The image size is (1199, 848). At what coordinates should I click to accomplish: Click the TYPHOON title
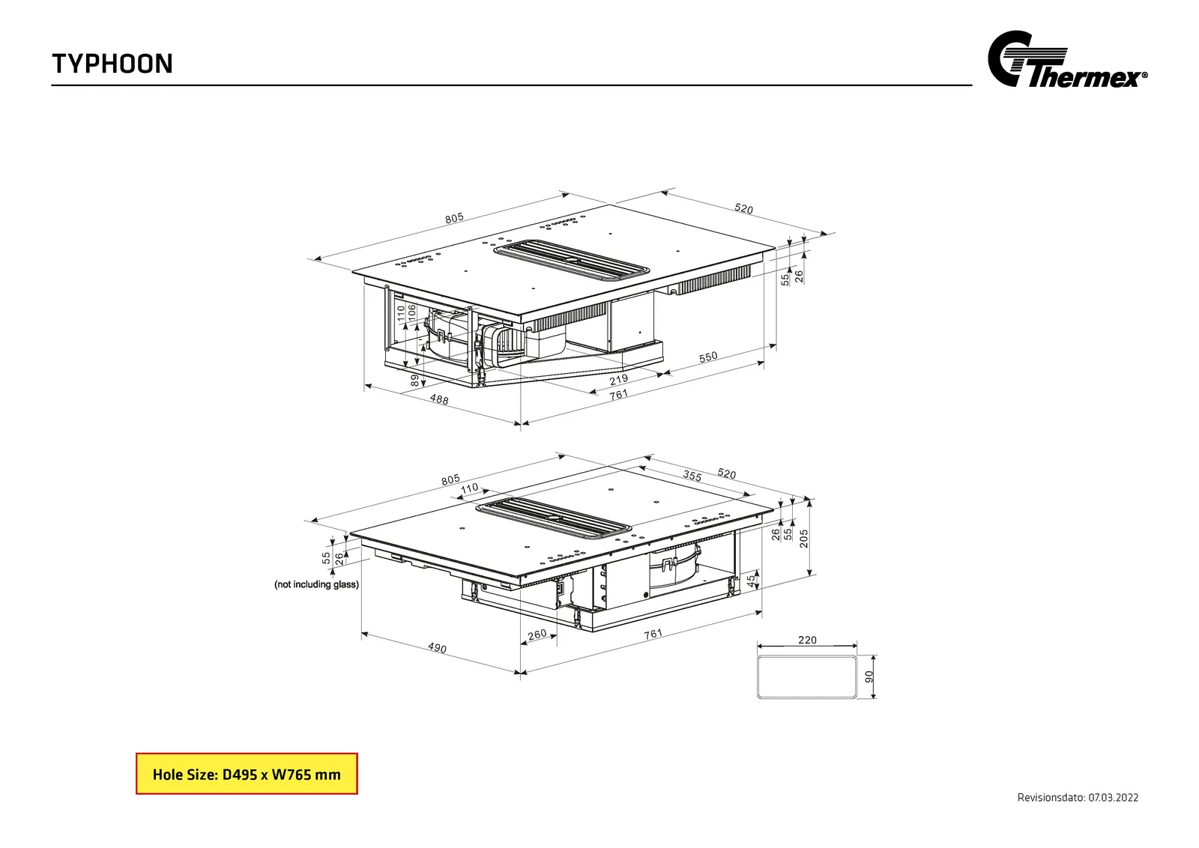[112, 64]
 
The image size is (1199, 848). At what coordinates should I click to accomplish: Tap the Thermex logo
[1067, 59]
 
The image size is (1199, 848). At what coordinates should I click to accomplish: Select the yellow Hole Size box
[247, 774]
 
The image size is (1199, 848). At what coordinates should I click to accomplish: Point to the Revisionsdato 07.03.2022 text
[1078, 798]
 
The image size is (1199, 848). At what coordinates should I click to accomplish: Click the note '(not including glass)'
[316, 584]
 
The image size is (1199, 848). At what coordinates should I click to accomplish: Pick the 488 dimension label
[439, 400]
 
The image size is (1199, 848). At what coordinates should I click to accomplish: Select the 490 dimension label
[437, 648]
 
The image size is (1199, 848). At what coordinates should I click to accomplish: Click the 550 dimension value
[707, 357]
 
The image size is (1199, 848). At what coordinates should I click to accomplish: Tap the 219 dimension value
[618, 379]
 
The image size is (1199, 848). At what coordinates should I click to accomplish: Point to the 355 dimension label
[692, 475]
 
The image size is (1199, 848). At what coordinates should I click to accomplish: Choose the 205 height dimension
[803, 538]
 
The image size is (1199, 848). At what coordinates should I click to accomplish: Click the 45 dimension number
[752, 581]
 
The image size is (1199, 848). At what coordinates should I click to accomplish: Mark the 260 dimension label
[537, 635]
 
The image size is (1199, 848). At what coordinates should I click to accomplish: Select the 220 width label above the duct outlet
[807, 640]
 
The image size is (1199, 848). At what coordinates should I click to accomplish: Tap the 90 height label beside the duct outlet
[869, 676]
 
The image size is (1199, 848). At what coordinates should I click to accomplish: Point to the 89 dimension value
[415, 380]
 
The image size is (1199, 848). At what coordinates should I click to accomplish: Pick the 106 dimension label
[411, 312]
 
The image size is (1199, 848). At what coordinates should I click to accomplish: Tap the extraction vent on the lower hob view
[554, 518]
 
